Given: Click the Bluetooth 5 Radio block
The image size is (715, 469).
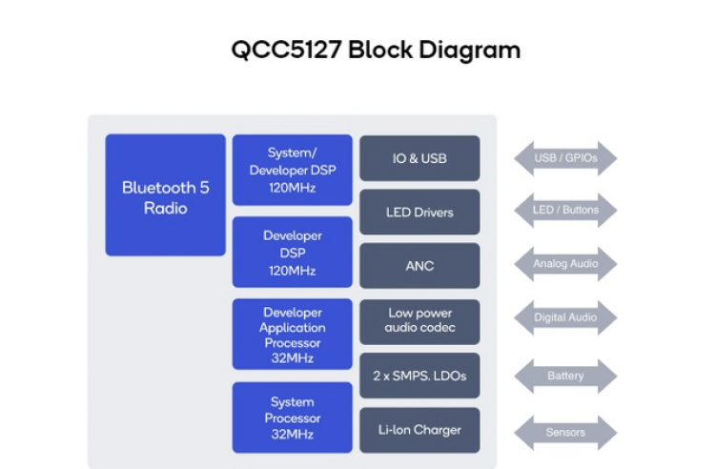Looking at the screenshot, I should pos(165,195).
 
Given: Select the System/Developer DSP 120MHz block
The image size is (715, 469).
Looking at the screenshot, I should pos(293,171).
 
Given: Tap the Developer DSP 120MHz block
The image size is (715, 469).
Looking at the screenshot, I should pos(293,252).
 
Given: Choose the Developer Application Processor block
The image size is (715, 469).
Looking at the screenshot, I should pos(293,335).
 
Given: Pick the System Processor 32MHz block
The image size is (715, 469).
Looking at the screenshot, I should pos(293,417).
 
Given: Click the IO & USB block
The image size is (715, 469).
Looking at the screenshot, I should pos(419,158).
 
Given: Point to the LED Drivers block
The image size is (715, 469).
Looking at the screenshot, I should pos(419,212).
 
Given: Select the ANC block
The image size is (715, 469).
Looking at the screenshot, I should pos(419,266).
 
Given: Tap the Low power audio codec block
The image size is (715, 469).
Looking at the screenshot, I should pos(419,320).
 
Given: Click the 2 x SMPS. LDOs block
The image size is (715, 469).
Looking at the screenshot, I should pos(419,376).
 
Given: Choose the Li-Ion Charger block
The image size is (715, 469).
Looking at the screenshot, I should pos(419,430).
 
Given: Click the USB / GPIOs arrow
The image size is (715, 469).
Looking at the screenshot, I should pos(565,158).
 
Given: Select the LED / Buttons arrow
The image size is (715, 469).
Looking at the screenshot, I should pos(565,210).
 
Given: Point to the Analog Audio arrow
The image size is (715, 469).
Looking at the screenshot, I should pos(565,264).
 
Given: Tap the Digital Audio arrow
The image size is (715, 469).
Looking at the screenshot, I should pos(565,317).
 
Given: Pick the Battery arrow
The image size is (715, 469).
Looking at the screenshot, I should pos(565,376).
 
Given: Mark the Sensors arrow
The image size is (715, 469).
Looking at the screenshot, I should pos(565,432).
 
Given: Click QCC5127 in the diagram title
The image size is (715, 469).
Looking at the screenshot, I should pos(286,51).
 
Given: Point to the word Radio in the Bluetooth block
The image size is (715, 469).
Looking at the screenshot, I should pos(165,207).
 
